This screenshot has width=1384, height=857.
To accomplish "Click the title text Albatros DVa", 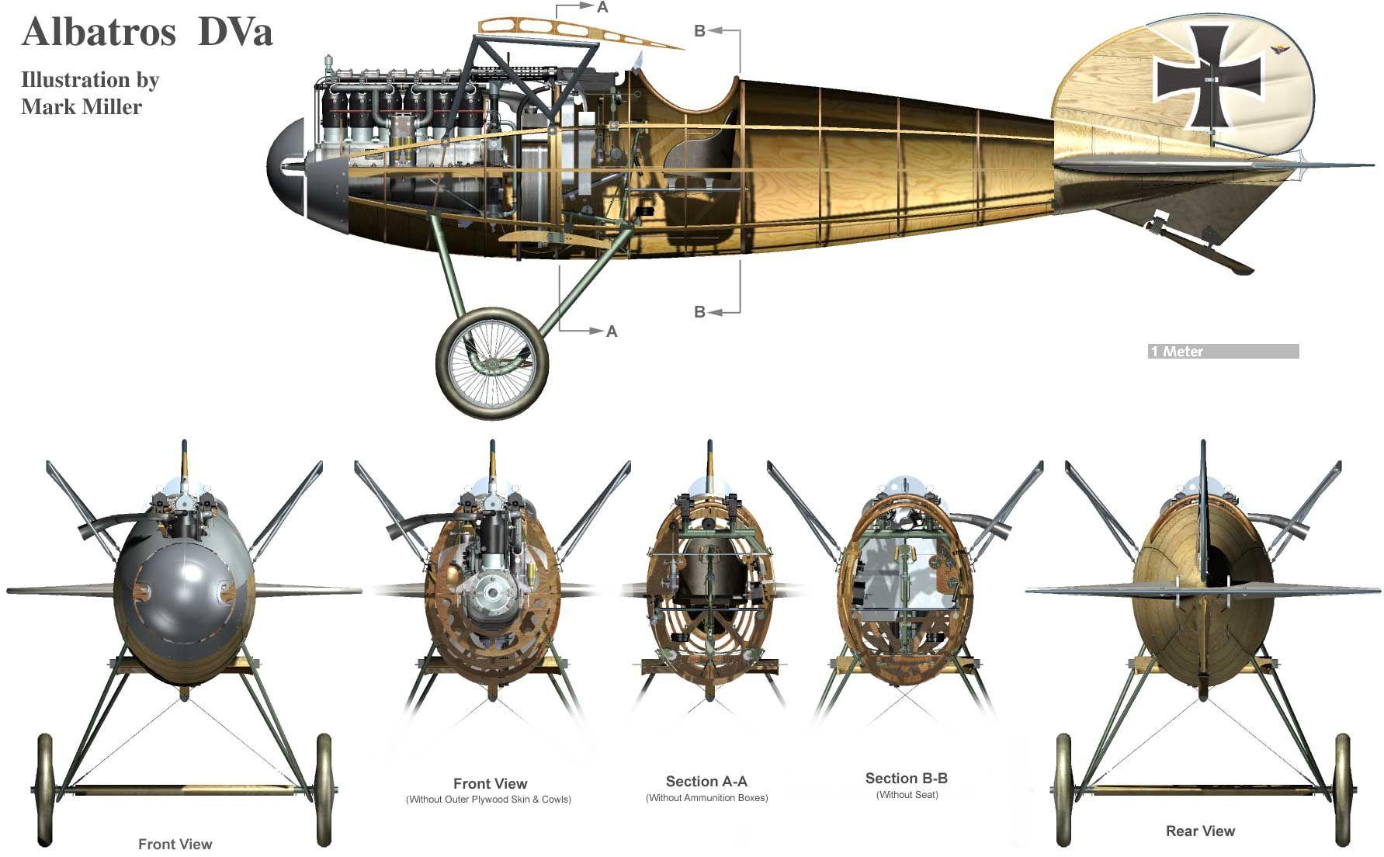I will coord(147,33).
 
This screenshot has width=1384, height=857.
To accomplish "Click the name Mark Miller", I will coord(82,106).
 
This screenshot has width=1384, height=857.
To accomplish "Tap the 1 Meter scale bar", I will coord(1223,352).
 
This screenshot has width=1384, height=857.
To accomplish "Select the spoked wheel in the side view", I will coord(492,363).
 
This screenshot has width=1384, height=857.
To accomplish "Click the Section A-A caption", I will coord(706,782).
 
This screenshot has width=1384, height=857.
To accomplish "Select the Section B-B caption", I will coord(906,779).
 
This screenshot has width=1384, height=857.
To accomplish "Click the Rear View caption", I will coord(1200,831).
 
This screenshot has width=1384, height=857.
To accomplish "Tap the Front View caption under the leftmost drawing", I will coord(175,845).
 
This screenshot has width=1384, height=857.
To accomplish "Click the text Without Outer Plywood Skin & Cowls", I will coord(488,800).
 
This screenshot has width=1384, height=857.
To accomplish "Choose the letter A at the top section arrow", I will coord(603,8).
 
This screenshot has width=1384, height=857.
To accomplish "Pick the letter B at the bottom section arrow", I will coord(699,312).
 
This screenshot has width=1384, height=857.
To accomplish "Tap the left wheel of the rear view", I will coord(1066,789).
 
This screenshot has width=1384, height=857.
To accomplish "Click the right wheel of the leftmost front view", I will coord(324,789).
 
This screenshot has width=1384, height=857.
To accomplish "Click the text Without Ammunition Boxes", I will coord(706,798).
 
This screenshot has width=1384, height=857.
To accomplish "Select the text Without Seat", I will coord(907,795).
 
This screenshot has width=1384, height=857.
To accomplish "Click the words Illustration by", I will coord(90,80).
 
